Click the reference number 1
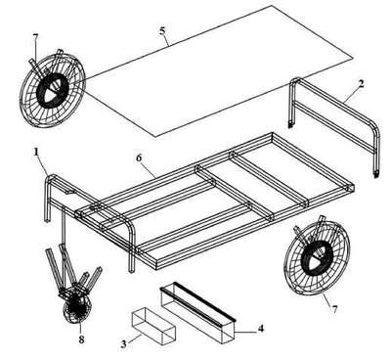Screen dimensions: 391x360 36,152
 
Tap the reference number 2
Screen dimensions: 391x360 361,84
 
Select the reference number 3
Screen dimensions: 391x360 123,343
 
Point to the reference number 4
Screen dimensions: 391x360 260,329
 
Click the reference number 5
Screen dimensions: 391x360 162,30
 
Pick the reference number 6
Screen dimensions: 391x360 139,157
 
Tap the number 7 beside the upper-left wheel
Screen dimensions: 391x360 35,38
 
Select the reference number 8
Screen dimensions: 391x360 81,339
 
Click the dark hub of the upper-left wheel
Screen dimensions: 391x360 52,89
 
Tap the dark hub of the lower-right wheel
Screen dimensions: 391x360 316,257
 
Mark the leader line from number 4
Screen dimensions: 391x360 245,332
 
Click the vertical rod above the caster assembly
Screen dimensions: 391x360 64,227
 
